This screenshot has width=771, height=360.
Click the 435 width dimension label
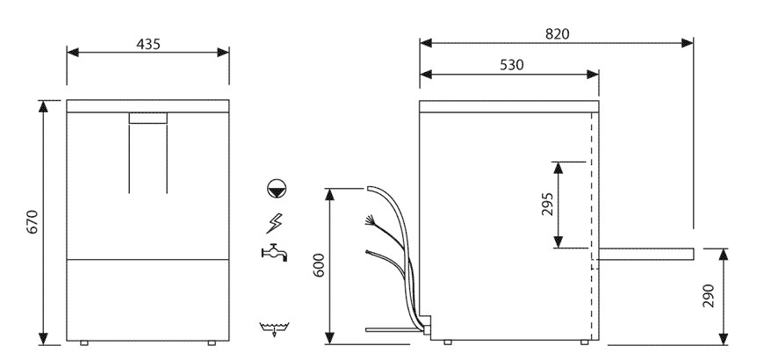(148, 44)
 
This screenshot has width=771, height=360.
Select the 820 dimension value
(556, 33)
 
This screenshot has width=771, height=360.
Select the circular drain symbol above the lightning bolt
(276, 188)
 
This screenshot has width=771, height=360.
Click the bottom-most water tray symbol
(275, 330)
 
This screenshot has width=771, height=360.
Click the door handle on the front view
(148, 118)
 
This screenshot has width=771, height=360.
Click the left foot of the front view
(84, 341)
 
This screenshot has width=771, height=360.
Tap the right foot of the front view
(211, 341)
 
